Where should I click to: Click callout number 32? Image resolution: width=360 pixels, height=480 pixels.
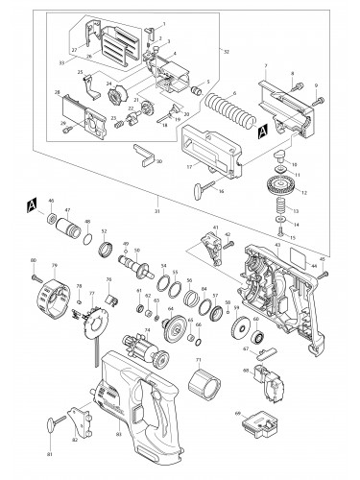coord(225,50)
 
